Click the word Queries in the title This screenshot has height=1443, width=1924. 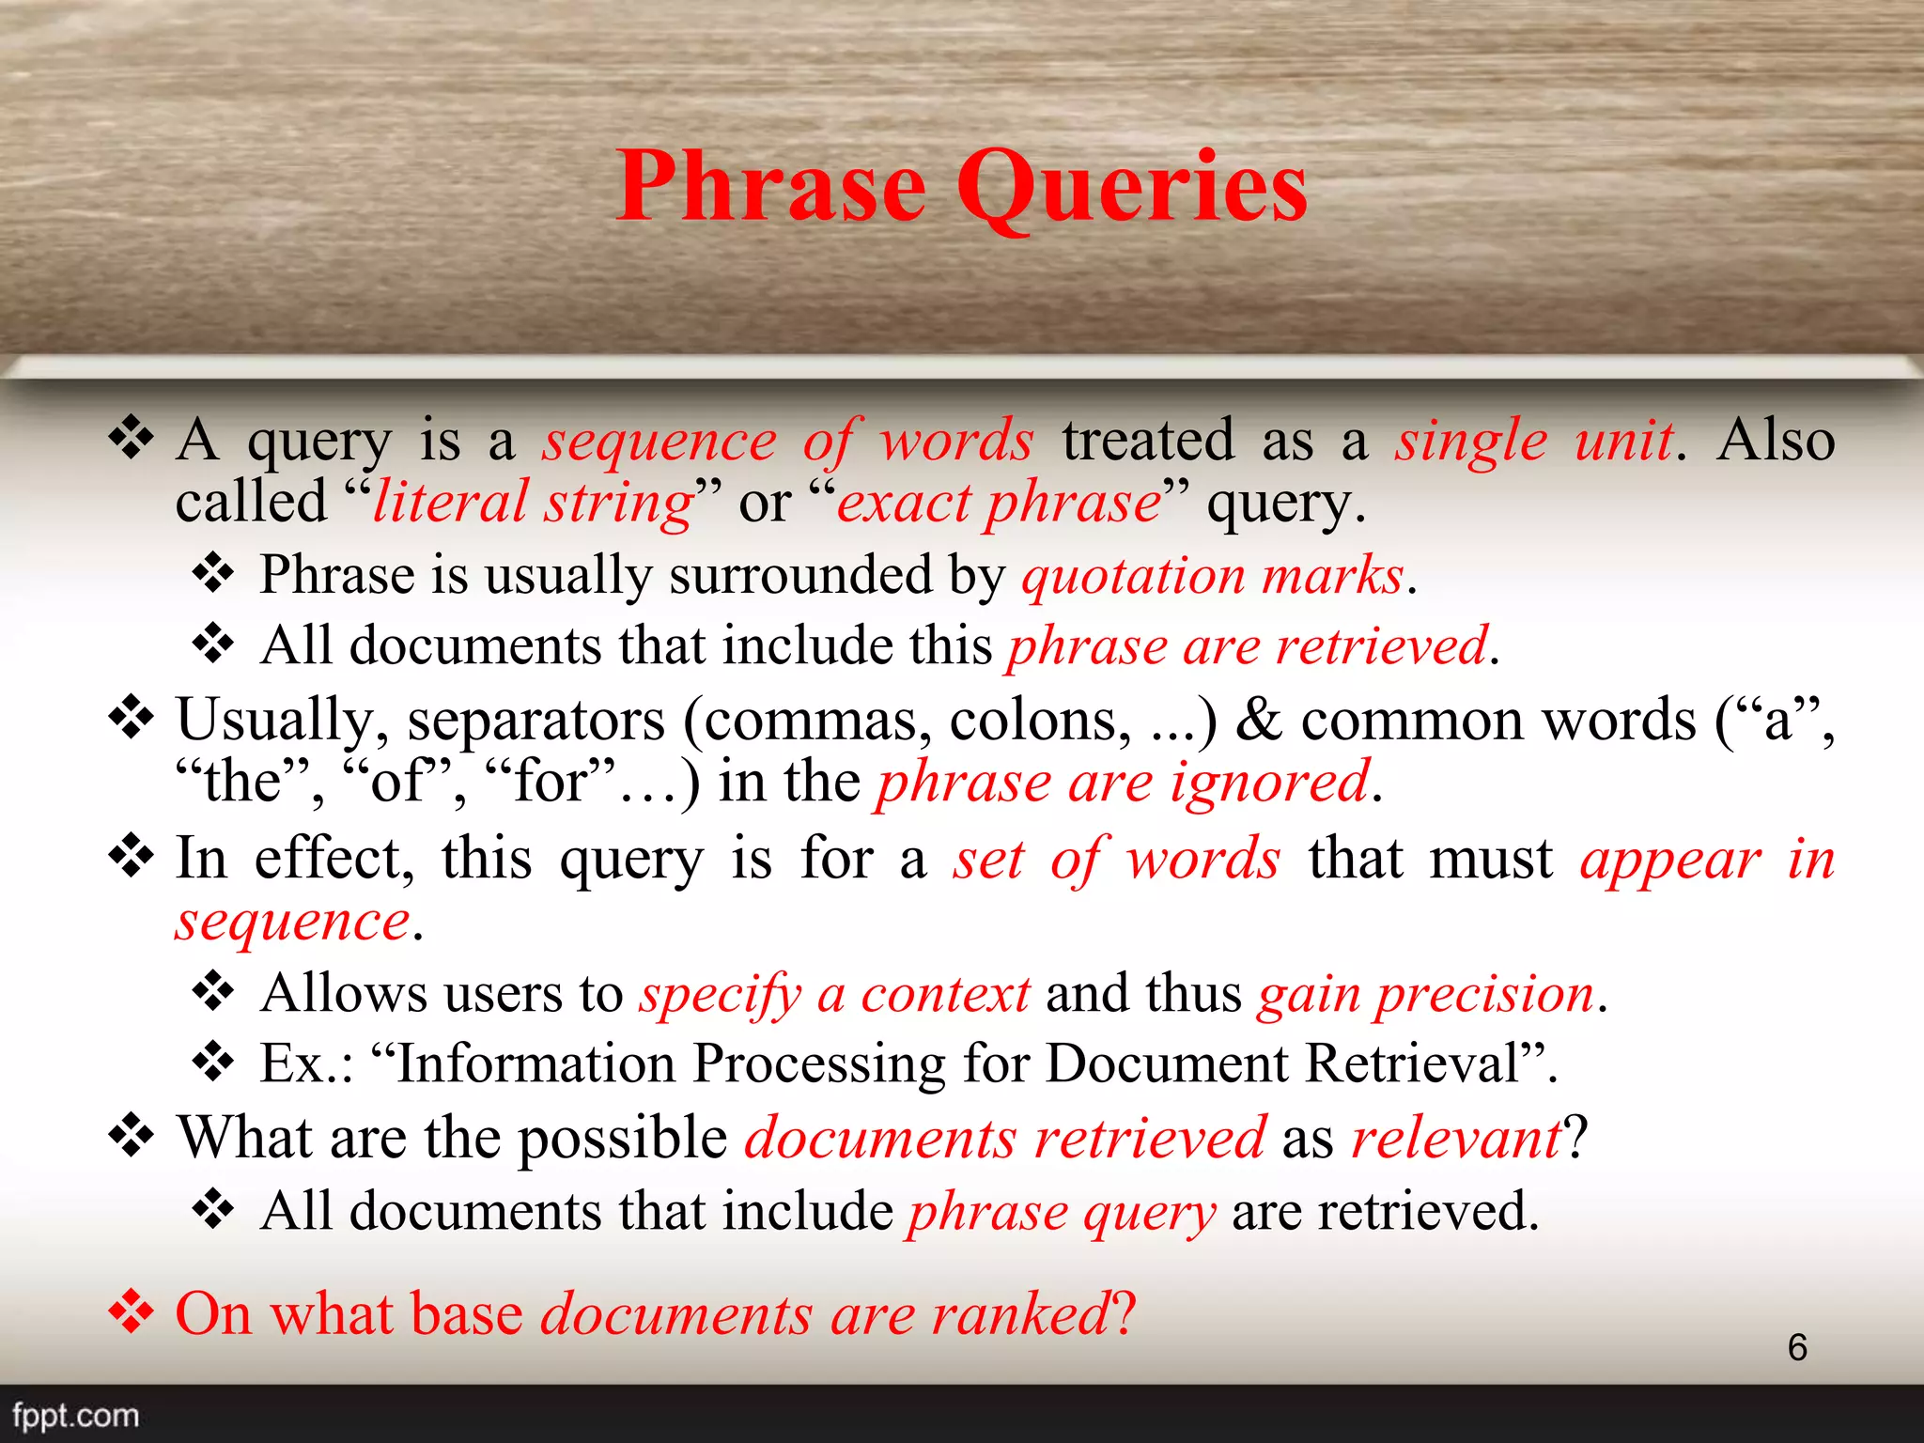[x=1131, y=188]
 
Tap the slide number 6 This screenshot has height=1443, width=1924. [x=1796, y=1347]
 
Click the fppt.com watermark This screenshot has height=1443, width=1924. [x=76, y=1415]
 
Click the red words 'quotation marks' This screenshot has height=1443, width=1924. [x=1213, y=575]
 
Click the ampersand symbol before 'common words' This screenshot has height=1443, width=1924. [x=1258, y=720]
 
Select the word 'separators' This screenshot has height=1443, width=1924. [x=536, y=721]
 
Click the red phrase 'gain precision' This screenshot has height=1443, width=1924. [x=1426, y=994]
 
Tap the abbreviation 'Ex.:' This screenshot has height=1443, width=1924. [x=306, y=1063]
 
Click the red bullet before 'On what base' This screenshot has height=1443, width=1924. [x=131, y=1311]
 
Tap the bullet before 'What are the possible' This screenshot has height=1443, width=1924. [x=131, y=1137]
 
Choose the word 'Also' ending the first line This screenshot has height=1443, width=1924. [x=1775, y=440]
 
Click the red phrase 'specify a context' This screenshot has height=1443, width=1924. [x=834, y=994]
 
